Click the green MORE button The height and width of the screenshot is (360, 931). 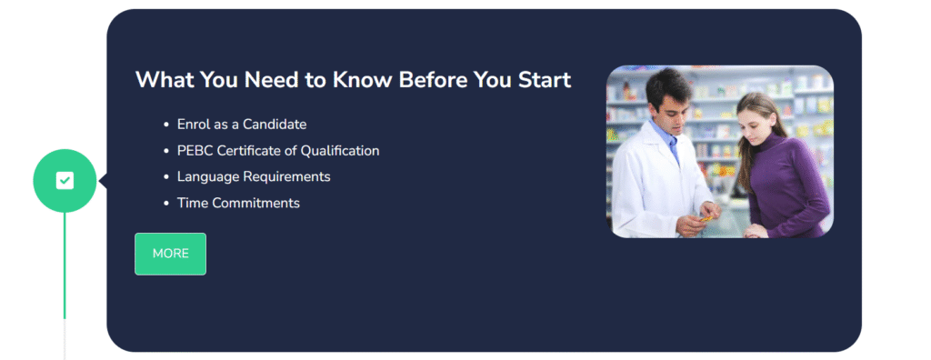(x=170, y=254)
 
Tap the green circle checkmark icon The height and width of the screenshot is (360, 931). (x=65, y=180)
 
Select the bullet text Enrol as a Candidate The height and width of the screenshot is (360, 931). (x=241, y=125)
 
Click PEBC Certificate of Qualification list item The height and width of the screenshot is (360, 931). (x=277, y=151)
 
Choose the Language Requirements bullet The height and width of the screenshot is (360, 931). (x=253, y=176)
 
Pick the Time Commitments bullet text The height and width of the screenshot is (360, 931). (x=237, y=203)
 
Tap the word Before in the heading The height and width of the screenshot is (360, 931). (x=443, y=80)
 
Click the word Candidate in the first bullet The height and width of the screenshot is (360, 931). (x=274, y=125)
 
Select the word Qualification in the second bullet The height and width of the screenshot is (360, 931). (x=340, y=151)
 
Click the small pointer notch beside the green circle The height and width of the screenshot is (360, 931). (x=102, y=181)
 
